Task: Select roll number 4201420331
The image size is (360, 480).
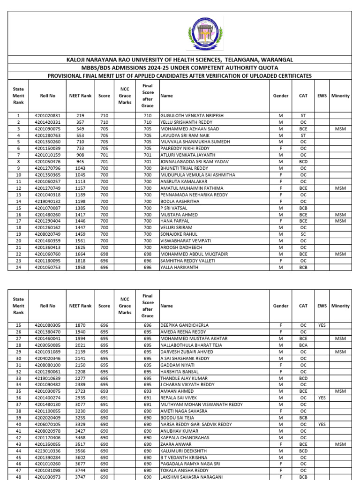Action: pos(47,122)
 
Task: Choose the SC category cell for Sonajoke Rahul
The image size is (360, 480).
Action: pos(303,234)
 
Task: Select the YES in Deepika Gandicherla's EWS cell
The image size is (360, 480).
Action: pos(322,325)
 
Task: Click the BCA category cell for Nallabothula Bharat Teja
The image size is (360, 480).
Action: pos(303,345)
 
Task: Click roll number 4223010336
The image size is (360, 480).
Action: pos(47,450)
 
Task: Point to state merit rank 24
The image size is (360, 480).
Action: pos(18,267)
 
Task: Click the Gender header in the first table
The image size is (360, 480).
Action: pos(281,96)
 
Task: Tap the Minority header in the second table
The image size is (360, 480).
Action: pos(340,306)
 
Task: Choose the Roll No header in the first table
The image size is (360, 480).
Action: pos(47,96)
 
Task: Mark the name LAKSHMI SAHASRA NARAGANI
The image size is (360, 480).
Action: pos(192,477)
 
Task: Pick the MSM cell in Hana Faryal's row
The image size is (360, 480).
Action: pos(340,221)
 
